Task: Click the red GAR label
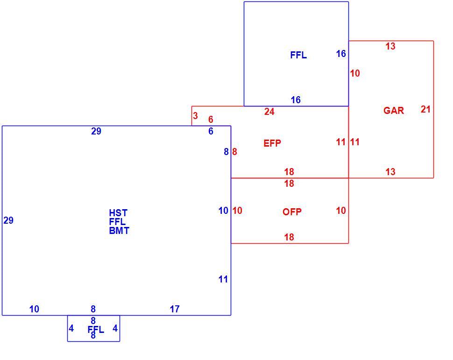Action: click(x=394, y=110)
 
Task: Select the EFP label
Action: click(x=272, y=143)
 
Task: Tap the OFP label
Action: click(x=292, y=212)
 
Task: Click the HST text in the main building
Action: click(x=118, y=213)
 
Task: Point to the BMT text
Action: click(x=119, y=231)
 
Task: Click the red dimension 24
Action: click(x=269, y=112)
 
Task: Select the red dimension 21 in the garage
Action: click(x=425, y=109)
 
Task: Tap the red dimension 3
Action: click(x=195, y=116)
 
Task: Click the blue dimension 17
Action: click(x=175, y=309)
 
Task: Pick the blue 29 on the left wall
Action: click(x=8, y=220)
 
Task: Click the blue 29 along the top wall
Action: click(x=96, y=131)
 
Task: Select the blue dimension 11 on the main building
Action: click(x=223, y=279)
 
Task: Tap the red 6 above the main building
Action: click(x=211, y=120)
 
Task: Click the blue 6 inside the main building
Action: click(x=211, y=131)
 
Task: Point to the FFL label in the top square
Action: click(x=298, y=55)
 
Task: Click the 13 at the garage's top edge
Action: click(x=390, y=46)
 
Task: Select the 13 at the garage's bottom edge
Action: click(x=390, y=172)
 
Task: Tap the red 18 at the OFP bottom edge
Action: click(x=289, y=237)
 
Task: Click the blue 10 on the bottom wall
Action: click(x=34, y=309)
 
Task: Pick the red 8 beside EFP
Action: click(x=234, y=152)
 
